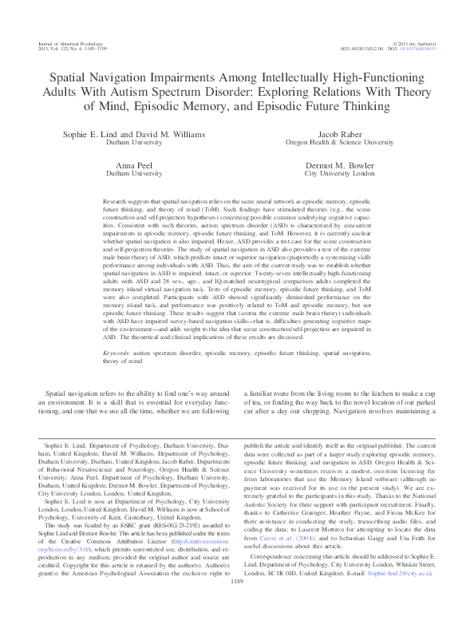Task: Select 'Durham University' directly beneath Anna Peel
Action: (133, 172)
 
